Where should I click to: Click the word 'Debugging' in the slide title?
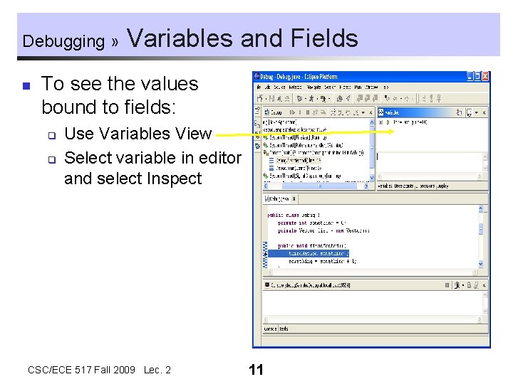(63, 41)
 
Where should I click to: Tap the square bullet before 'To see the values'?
(26, 86)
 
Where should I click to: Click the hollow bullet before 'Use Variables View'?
(51, 134)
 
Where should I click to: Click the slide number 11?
(256, 370)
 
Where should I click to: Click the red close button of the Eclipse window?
(485, 76)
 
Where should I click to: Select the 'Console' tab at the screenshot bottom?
(270, 329)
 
